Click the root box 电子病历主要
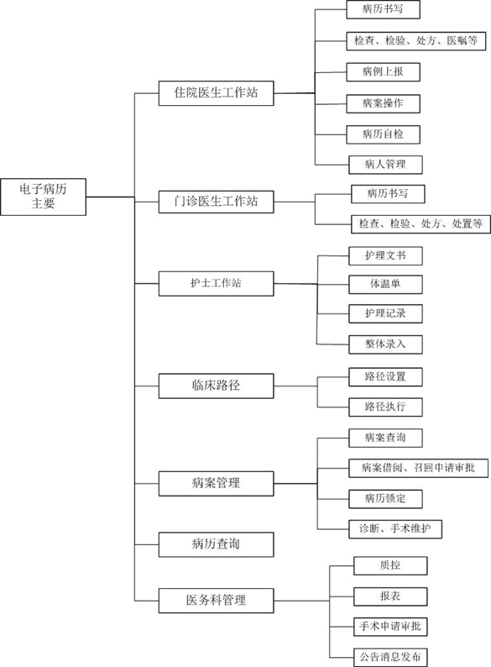(44, 197)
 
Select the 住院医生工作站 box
(216, 92)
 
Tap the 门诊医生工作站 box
(216, 202)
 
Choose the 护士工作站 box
(216, 284)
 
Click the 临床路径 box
(216, 386)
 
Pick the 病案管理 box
(216, 483)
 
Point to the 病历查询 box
(216, 544)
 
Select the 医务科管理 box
(216, 600)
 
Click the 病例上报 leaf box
(383, 72)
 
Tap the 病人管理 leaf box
(385, 165)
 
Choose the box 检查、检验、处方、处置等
(420, 224)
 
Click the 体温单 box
(385, 284)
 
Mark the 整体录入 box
(385, 344)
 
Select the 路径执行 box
(385, 407)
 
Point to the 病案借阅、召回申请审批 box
(418, 468)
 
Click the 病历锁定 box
(385, 498)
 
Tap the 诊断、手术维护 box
(395, 529)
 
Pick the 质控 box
(390, 565)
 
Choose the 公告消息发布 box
(390, 657)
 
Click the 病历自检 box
(383, 134)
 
